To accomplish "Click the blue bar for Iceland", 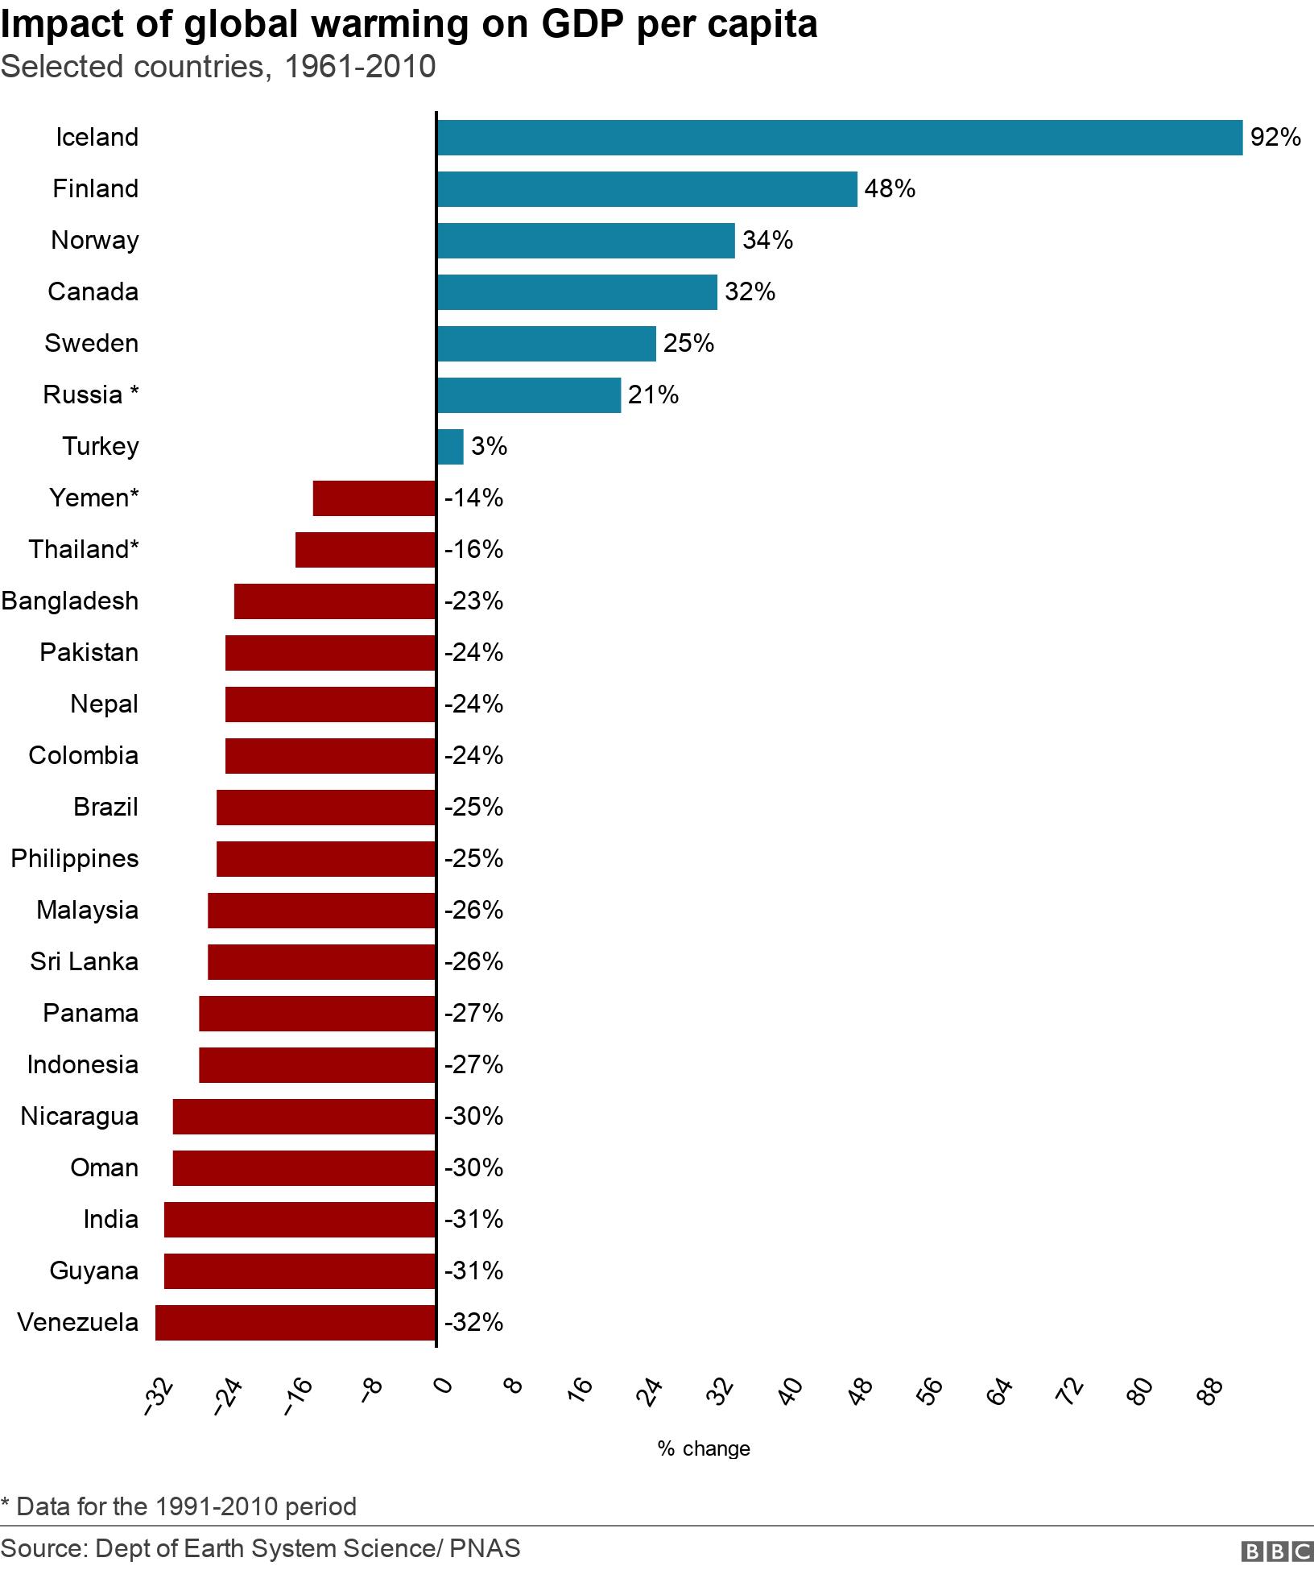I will [839, 138].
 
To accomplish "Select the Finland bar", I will [647, 189].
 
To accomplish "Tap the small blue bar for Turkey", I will [450, 447].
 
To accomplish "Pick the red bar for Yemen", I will [374, 498].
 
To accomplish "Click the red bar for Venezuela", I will [295, 1323].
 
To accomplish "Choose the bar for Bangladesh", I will [335, 601].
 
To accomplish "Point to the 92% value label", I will [1275, 138].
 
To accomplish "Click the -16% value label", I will [473, 550].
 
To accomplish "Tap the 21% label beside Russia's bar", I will [653, 395].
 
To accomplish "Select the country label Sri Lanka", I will [85, 962].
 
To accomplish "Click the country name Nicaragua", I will [80, 1117].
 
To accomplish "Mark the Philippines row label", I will [75, 859].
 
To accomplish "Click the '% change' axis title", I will [704, 1448].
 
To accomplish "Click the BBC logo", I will [1277, 1551].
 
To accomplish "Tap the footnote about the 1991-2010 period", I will [179, 1506].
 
